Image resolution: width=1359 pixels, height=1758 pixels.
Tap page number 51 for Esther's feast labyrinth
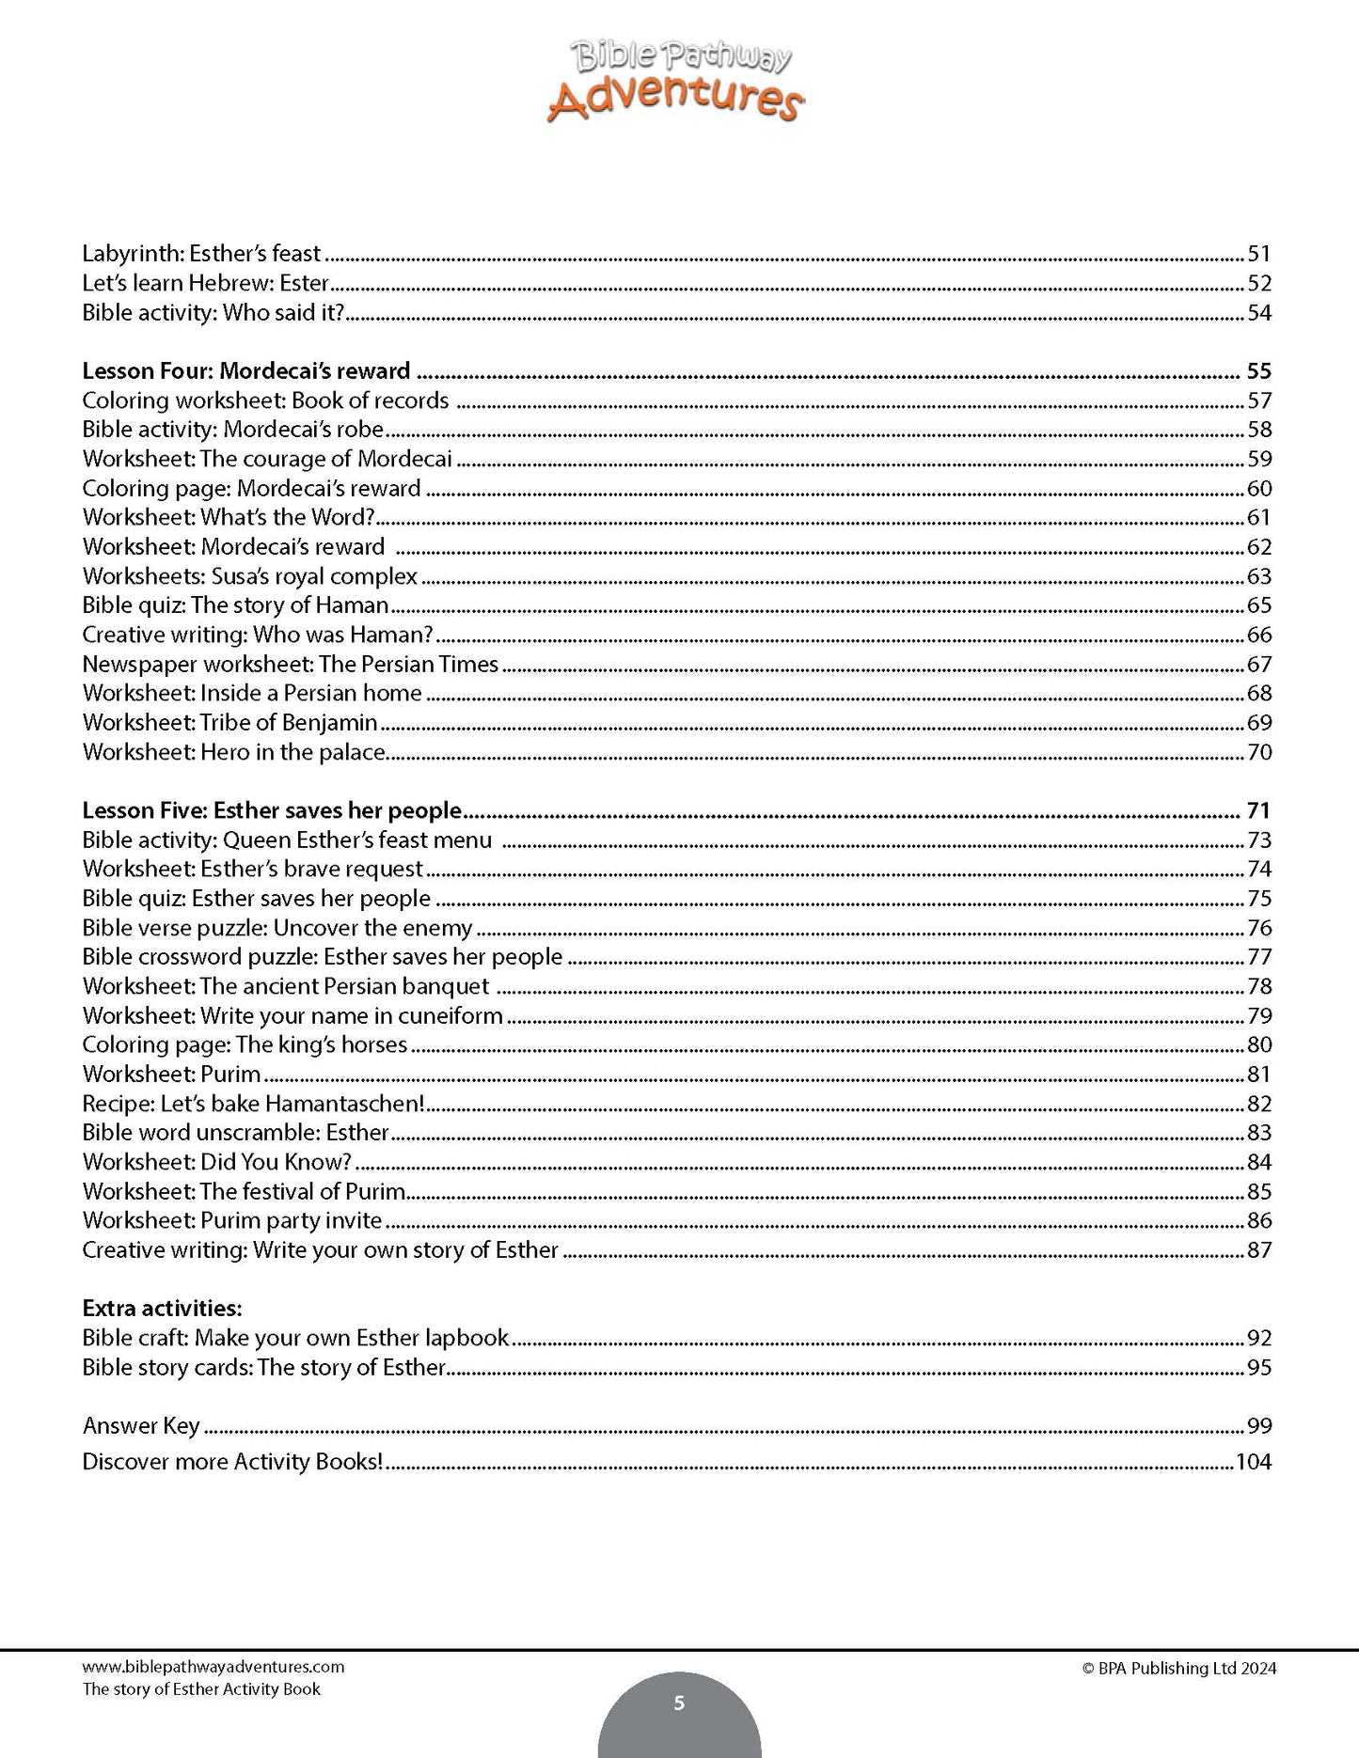[1258, 254]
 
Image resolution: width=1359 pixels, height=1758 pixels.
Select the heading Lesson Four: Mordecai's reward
[246, 370]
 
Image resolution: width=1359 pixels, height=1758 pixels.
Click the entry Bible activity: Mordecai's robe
[233, 430]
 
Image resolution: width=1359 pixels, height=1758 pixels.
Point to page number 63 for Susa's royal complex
[1258, 576]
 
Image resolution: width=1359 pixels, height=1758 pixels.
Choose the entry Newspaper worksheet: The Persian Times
[290, 664]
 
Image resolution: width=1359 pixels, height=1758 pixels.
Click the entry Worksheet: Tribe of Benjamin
[229, 723]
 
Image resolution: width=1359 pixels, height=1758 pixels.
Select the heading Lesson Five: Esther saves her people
[272, 810]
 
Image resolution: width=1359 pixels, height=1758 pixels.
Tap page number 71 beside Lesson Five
[1258, 810]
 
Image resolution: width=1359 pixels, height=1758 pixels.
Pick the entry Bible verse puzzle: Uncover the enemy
[277, 928]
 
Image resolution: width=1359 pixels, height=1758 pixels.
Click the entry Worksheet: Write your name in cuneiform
[292, 1015]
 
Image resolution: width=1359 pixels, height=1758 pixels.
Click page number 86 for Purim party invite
[1258, 1221]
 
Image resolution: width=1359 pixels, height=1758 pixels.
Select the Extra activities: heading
[162, 1308]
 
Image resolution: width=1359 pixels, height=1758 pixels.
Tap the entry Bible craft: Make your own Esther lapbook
[295, 1338]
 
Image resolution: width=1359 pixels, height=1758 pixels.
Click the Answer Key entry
[141, 1426]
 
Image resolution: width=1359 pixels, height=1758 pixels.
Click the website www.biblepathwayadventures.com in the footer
[213, 1667]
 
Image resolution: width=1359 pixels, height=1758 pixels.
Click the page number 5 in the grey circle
[679, 1703]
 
